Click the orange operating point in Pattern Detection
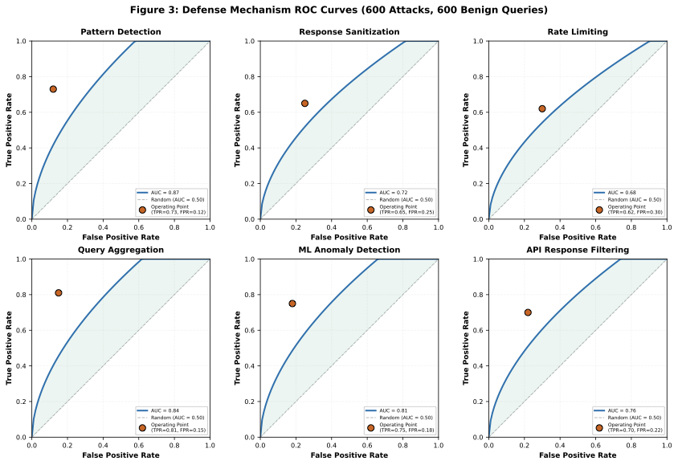pyautogui.click(x=53, y=89)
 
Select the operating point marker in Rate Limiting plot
pyautogui.click(x=542, y=108)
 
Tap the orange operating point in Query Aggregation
pyautogui.click(x=59, y=293)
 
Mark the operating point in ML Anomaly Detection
pyautogui.click(x=292, y=304)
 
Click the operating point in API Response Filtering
pyautogui.click(x=528, y=312)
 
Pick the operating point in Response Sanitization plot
pyautogui.click(x=304, y=104)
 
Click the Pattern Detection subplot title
pyautogui.click(x=120, y=32)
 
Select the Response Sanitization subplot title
pyautogui.click(x=349, y=32)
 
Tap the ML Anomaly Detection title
pyautogui.click(x=349, y=251)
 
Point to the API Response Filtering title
pyautogui.click(x=578, y=251)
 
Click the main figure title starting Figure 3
pyautogui.click(x=338, y=10)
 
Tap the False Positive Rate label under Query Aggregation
pyautogui.click(x=120, y=455)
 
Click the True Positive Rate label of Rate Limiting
pyautogui.click(x=467, y=129)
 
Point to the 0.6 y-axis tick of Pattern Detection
pyautogui.click(x=22, y=112)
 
